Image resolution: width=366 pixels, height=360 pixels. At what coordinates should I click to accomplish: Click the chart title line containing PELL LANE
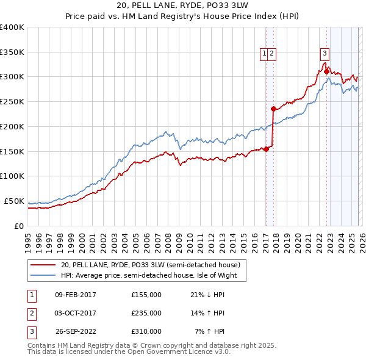(182, 5)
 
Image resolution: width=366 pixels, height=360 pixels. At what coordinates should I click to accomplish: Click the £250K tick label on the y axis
(12, 102)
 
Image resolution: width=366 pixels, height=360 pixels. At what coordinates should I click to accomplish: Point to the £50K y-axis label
(14, 201)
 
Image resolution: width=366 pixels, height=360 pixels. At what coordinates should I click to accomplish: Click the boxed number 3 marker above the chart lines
(325, 53)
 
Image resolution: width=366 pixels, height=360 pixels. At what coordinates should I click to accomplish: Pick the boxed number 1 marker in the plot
(265, 53)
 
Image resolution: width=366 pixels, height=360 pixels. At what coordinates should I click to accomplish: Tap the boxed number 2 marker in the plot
(271, 53)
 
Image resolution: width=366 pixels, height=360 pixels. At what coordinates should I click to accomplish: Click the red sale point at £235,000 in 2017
(273, 109)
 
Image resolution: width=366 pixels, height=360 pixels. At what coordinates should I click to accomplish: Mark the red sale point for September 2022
(326, 72)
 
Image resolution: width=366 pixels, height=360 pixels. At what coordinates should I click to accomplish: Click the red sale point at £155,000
(266, 149)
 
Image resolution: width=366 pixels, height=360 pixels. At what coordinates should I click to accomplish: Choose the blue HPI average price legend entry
(152, 275)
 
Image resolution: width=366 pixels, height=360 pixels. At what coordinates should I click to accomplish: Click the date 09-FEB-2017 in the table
(76, 295)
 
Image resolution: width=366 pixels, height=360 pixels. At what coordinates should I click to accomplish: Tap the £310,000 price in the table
(146, 331)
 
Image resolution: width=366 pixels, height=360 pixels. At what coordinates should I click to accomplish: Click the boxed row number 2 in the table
(30, 313)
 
